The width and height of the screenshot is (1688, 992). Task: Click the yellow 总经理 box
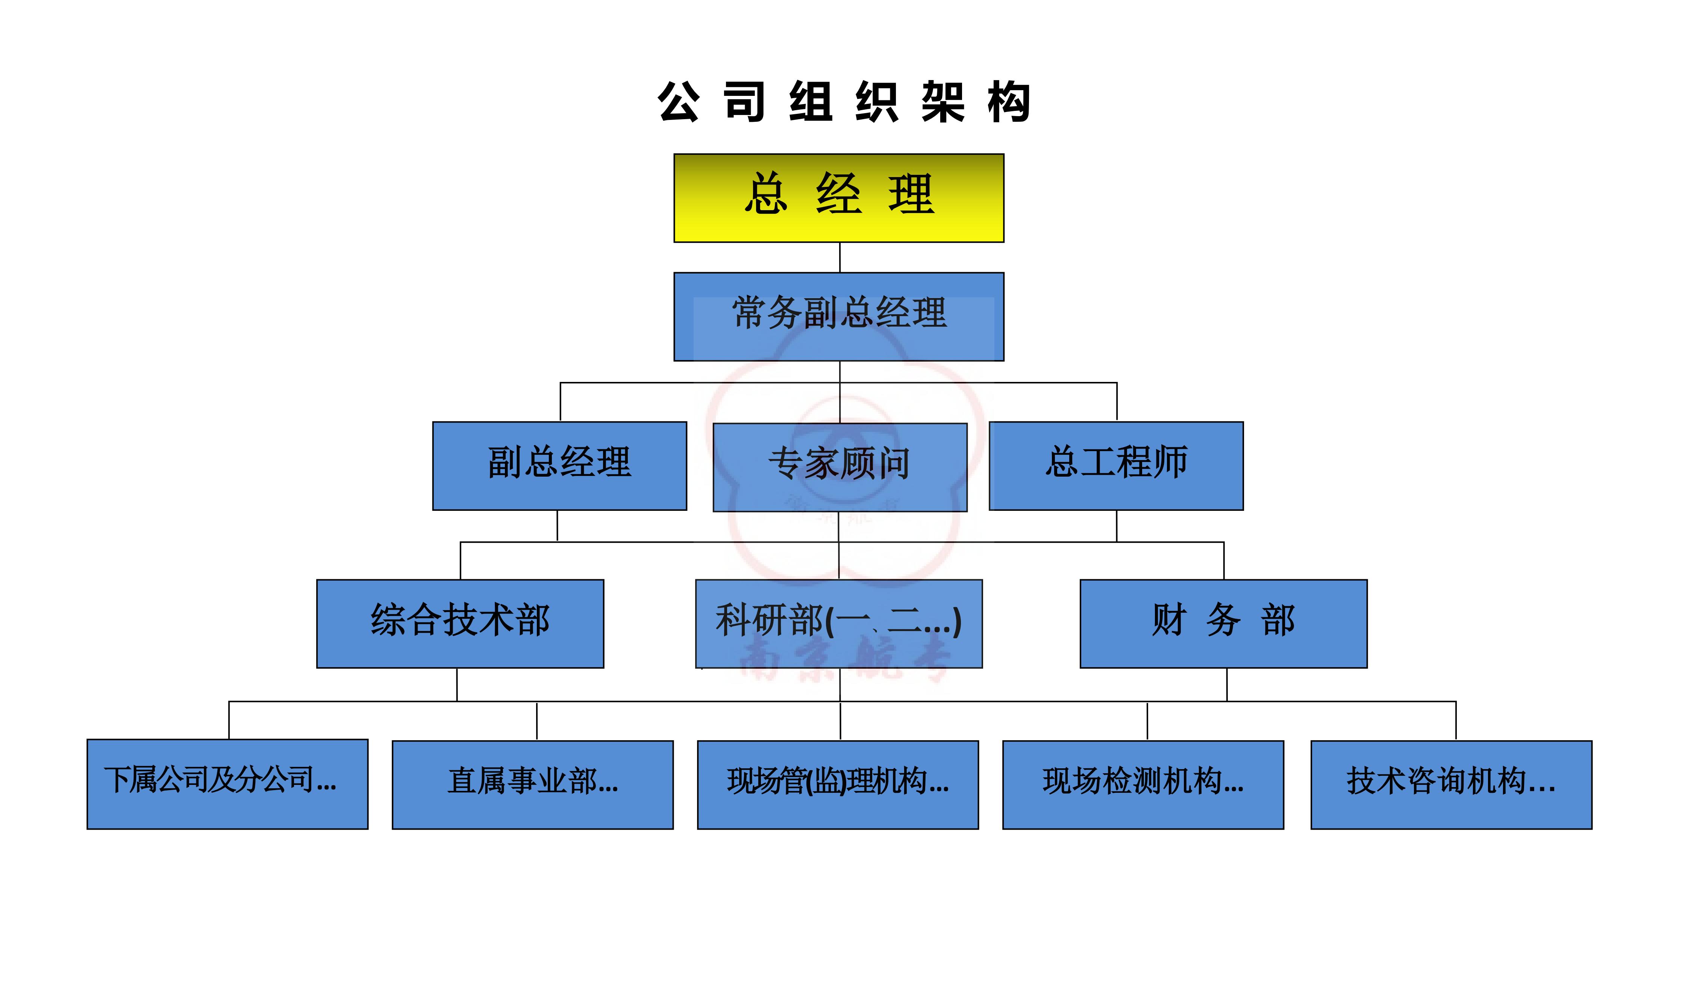[x=839, y=198]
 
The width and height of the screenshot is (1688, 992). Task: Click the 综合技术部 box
[x=460, y=624]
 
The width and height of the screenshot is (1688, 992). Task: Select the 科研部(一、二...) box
[x=839, y=624]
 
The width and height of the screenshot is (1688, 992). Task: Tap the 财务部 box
[x=1223, y=624]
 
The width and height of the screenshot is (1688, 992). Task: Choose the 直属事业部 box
[x=532, y=785]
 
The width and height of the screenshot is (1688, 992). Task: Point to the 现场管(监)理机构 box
[x=838, y=785]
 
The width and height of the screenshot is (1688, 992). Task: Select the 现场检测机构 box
[x=1143, y=785]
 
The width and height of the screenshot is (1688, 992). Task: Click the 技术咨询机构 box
[x=1451, y=785]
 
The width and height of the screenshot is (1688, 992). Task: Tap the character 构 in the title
[x=1009, y=102]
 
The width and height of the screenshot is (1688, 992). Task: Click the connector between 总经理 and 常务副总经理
[x=840, y=257]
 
